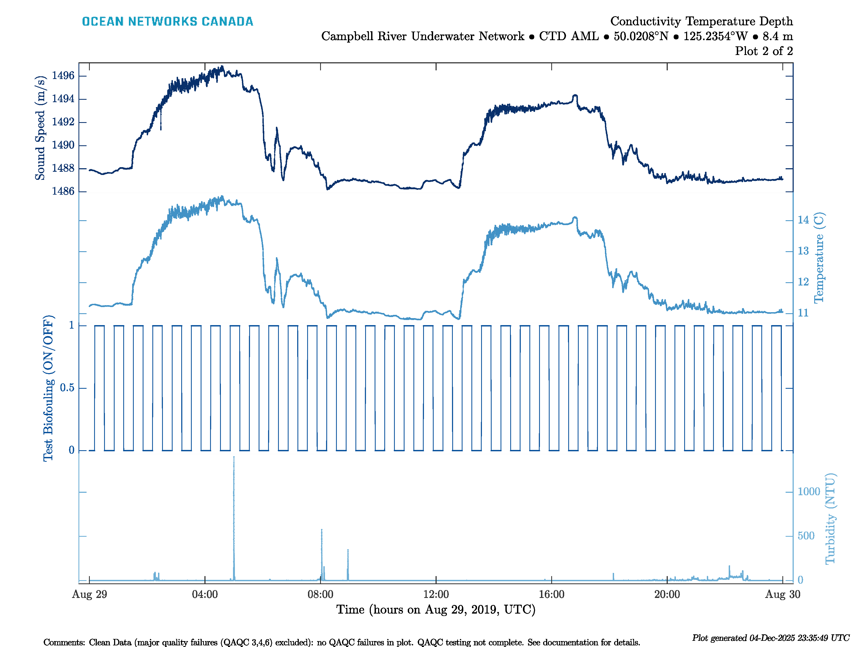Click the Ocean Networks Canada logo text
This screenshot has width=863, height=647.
click(167, 22)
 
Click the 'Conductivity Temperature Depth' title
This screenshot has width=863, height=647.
click(701, 21)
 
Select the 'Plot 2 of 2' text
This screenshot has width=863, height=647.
click(763, 51)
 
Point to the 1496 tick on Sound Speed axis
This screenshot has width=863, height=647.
click(63, 76)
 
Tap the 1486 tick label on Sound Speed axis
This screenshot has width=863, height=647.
click(63, 191)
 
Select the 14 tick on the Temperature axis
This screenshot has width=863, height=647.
click(803, 220)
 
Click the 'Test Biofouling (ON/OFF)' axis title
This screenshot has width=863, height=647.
click(48, 388)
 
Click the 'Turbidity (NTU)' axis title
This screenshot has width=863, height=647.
click(830, 519)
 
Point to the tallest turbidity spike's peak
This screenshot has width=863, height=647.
click(234, 457)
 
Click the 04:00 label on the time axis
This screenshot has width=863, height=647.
click(205, 594)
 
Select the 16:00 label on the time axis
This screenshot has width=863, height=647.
click(551, 594)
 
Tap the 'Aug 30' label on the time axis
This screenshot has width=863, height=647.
click(782, 594)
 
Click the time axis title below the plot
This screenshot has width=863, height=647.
click(436, 610)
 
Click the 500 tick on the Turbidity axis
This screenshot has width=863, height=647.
click(806, 536)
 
